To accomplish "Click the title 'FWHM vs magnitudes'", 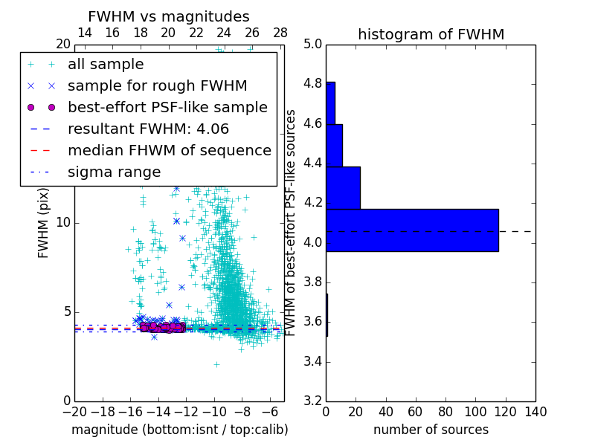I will [x=169, y=16].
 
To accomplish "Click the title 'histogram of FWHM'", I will [x=431, y=34].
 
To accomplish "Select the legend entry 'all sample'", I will [x=106, y=65].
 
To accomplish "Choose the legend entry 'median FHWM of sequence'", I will [x=169, y=150].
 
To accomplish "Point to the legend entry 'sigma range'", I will [x=114, y=172].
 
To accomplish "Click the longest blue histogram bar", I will [x=412, y=230].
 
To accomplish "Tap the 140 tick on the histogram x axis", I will [x=535, y=412].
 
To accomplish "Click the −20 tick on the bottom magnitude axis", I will [x=74, y=412].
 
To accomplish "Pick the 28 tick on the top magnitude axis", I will [x=280, y=33].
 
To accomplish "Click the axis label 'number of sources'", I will [x=431, y=430].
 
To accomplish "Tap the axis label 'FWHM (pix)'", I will [x=44, y=223].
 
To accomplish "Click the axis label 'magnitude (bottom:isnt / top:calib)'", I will [x=179, y=430].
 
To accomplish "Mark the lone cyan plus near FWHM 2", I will [x=216, y=364].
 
